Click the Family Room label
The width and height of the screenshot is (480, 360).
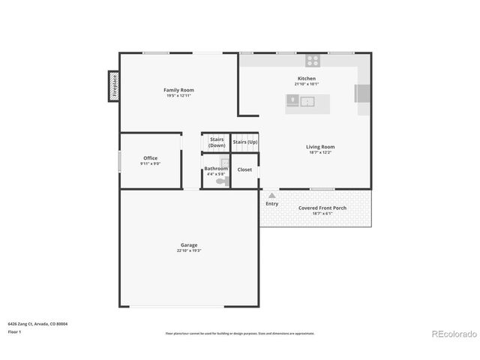178,90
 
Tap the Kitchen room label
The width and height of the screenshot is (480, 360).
306,78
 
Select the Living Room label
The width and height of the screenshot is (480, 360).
320,146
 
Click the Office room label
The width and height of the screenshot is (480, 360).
150,157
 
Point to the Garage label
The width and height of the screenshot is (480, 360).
189,245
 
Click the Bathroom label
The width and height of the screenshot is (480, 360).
216,169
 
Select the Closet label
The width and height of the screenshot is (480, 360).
244,169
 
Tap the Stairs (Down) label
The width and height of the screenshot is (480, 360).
217,142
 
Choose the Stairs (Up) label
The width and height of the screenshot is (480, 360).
245,142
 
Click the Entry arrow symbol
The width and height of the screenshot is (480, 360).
271,195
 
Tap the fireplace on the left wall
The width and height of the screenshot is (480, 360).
114,85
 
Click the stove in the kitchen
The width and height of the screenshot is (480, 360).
313,61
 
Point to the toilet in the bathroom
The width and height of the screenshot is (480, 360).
221,181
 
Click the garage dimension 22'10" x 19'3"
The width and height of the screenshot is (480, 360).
189,250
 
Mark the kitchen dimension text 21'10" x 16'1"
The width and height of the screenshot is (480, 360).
306,83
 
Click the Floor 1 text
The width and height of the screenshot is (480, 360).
15,331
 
